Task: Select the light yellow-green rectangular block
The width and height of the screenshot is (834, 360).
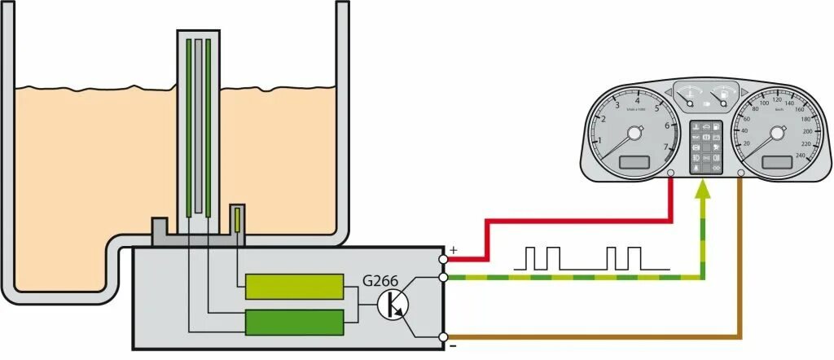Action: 294,287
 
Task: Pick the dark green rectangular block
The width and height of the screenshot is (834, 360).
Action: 294,323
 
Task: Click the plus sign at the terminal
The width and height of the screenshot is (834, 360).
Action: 453,249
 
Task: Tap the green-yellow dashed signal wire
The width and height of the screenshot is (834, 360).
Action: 570,279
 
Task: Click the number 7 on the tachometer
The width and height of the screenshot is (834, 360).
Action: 666,147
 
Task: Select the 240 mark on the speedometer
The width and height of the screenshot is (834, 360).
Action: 799,156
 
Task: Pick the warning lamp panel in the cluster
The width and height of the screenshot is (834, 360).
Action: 706,147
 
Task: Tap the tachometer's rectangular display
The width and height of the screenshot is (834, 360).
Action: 634,163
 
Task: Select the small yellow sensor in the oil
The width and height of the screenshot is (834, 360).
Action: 237,219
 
